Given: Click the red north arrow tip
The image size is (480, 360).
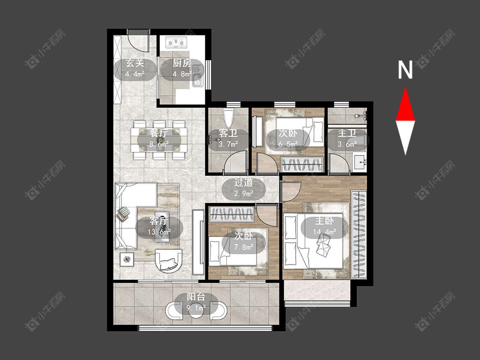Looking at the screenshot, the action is [406, 87].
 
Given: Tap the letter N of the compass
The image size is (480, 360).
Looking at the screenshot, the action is [405, 70].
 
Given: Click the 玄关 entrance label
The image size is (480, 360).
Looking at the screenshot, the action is [135, 63].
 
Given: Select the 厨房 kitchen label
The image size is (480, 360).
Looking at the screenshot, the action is [182, 63].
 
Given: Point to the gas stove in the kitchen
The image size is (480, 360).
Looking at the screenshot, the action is [176, 42].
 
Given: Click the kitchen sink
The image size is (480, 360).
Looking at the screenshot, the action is [197, 76].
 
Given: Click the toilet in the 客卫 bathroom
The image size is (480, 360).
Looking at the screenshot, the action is [228, 118].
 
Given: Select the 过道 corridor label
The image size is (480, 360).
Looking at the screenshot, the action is [244, 182].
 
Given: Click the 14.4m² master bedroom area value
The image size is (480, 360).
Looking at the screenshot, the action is [324, 232].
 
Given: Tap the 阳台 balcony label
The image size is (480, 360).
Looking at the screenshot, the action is [196, 297].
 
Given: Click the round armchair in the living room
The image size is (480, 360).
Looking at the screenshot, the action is [168, 261].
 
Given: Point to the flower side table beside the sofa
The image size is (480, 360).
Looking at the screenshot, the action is [127, 260].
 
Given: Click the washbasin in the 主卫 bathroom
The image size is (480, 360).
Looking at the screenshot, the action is [360, 162].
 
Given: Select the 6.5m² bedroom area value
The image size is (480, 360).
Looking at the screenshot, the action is [288, 144].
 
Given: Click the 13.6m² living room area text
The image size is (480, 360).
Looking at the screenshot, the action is [159, 232].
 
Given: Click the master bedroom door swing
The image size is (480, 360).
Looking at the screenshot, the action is [291, 192].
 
